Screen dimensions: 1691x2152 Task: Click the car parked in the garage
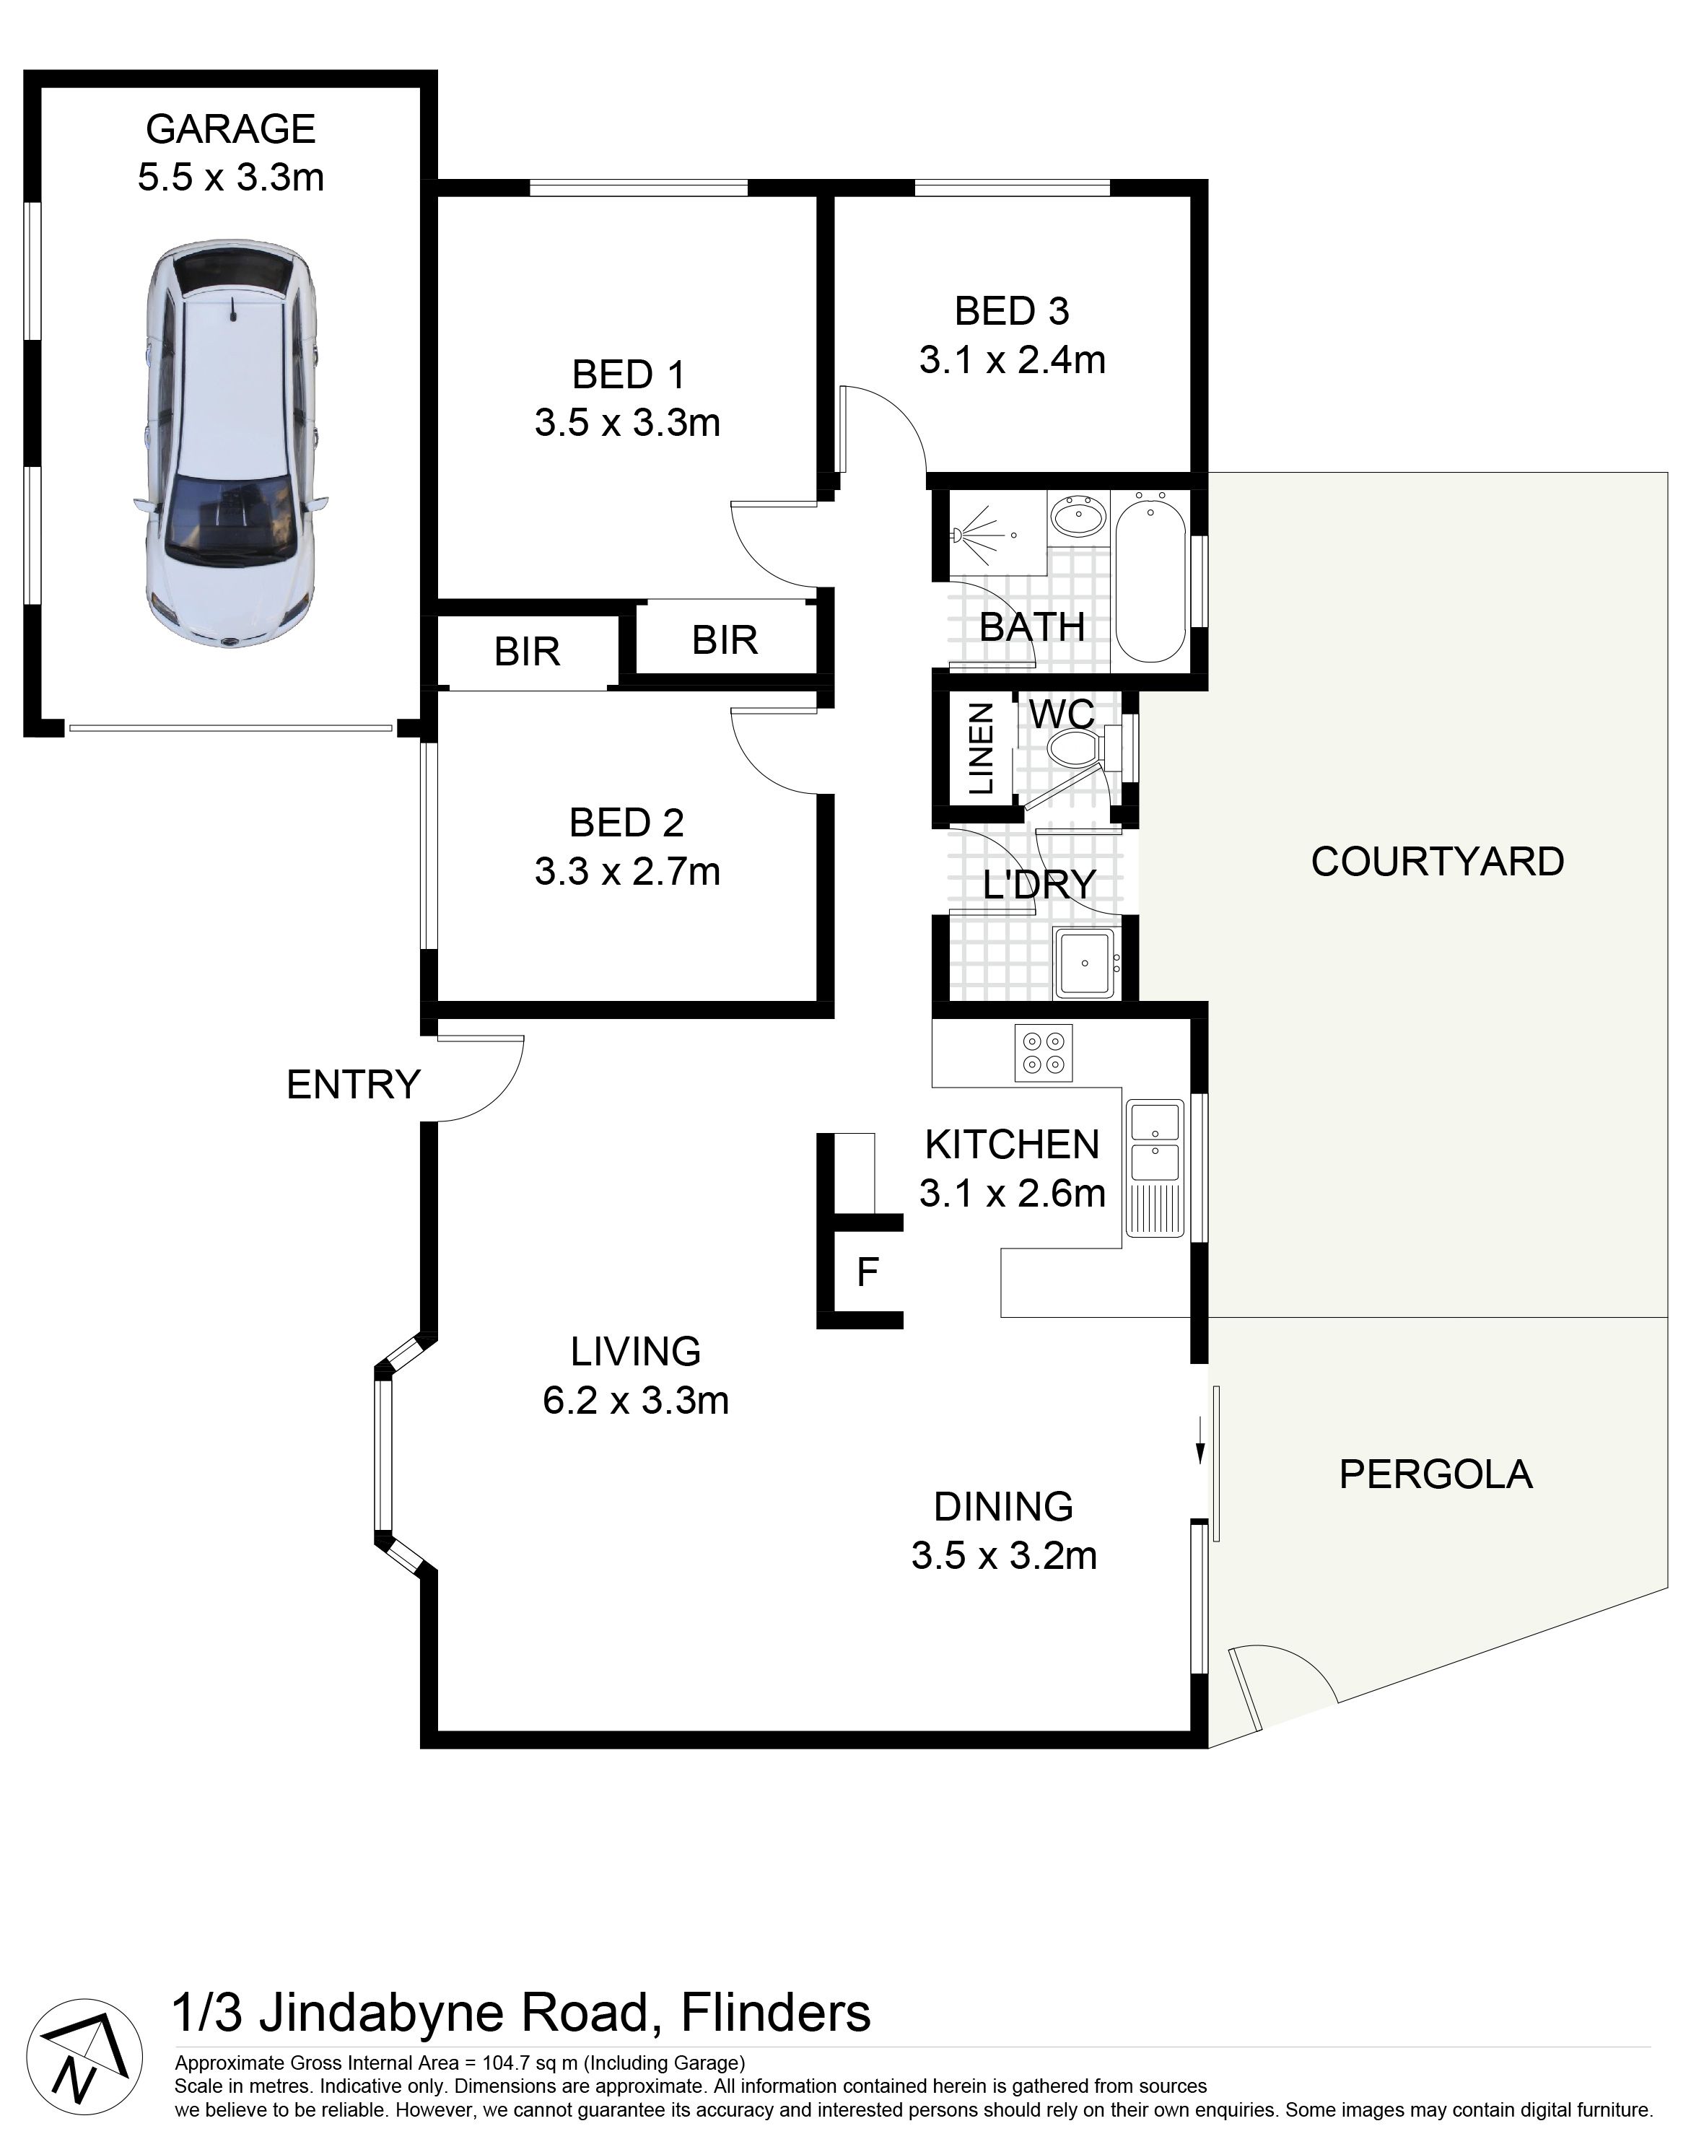coord(232,445)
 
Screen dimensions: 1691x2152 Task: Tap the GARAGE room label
coord(231,128)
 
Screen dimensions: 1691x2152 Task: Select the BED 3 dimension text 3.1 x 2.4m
coord(1012,359)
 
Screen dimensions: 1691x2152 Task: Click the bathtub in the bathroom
coord(1150,583)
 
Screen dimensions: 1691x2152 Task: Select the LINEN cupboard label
coord(980,748)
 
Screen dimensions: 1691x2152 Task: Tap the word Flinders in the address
coord(776,2013)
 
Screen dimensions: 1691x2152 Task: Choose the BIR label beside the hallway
coord(725,640)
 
